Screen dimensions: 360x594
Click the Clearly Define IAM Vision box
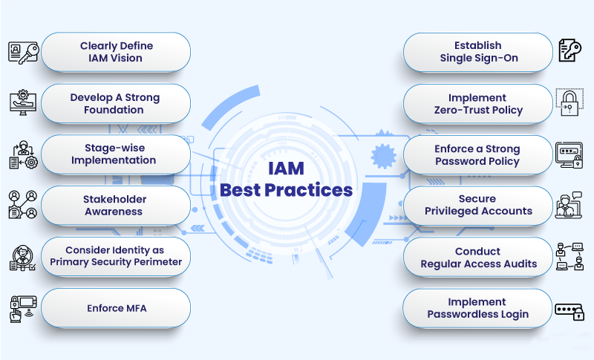pyautogui.click(x=115, y=52)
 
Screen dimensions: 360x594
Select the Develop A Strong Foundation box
pyautogui.click(x=115, y=103)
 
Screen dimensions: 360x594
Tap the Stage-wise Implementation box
pyautogui.click(x=115, y=154)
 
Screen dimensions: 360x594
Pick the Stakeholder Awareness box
pyautogui.click(x=115, y=206)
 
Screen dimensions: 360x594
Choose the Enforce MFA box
pyautogui.click(x=115, y=308)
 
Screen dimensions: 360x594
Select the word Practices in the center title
pyautogui.click(x=310, y=190)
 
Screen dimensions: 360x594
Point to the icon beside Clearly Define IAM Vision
pyautogui.click(x=22, y=52)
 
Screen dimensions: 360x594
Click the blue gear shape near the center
pyautogui.click(x=382, y=157)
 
